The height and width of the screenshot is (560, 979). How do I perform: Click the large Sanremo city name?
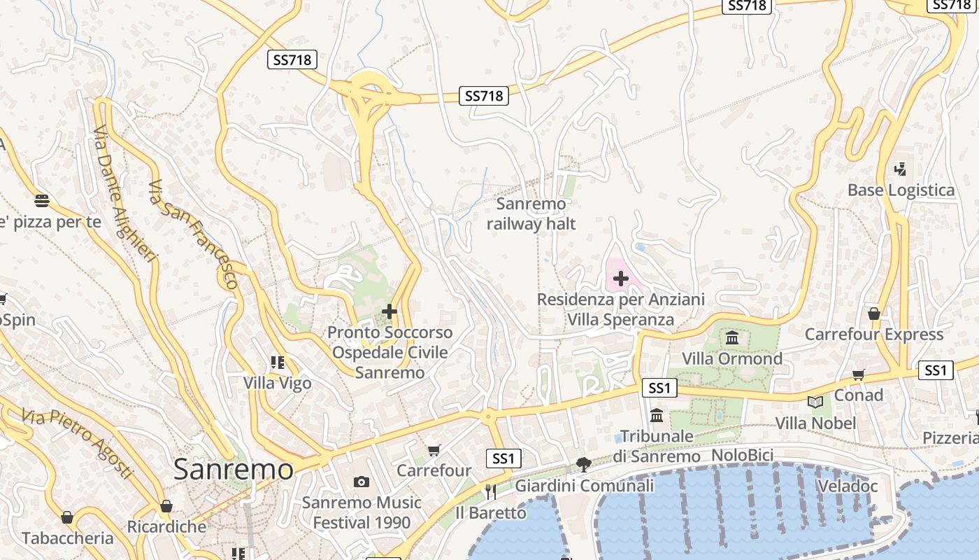tap(234, 469)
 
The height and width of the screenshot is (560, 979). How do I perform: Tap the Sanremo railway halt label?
tap(531, 214)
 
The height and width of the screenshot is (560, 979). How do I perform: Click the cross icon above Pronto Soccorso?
tap(390, 311)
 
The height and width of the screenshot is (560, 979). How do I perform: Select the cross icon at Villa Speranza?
tap(620, 279)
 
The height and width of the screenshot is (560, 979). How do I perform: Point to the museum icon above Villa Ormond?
tap(732, 339)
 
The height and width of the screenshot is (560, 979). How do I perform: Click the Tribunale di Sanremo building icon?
tap(657, 415)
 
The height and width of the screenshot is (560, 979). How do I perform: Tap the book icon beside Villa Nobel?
tap(815, 402)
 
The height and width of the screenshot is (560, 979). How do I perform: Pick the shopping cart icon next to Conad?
tap(858, 375)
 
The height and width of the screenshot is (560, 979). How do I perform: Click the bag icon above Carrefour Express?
tap(873, 313)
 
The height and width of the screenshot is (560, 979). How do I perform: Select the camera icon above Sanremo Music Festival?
tap(362, 482)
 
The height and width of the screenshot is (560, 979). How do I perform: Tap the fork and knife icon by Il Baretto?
tap(490, 492)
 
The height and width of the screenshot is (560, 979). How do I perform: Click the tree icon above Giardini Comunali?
tap(583, 464)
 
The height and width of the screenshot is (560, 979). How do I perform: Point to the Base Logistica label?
tap(901, 190)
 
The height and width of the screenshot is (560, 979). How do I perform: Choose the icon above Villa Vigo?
tap(278, 363)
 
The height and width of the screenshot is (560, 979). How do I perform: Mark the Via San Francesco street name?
tap(194, 234)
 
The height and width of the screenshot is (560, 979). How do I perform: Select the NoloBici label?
tap(742, 456)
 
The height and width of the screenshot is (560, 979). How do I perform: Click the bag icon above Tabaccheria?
tap(67, 518)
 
